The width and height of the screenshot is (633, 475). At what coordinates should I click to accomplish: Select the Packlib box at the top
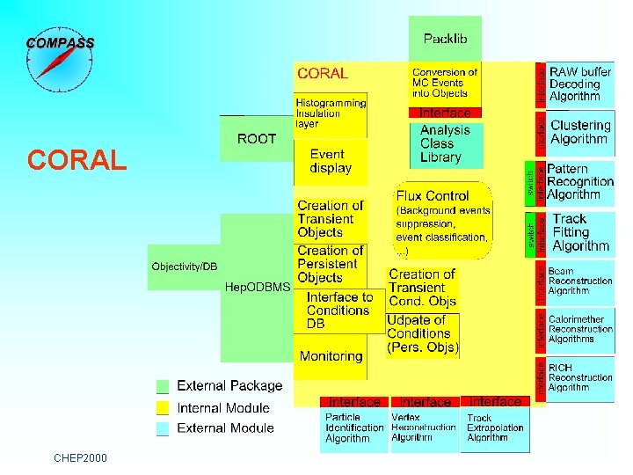pos(445,38)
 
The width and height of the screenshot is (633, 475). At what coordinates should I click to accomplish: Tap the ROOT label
pos(257,139)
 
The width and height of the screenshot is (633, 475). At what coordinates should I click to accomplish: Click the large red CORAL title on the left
pos(77,160)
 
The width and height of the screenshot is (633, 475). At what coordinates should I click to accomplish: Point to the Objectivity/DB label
pos(184,267)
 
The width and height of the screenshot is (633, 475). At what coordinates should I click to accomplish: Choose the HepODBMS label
pos(258,287)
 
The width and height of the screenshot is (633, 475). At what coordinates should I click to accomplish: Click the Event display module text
pos(331,161)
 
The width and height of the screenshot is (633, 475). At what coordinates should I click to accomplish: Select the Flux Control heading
pos(433,196)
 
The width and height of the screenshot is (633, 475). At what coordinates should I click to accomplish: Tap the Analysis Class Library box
pos(445,143)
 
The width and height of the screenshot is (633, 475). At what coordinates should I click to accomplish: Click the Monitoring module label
pos(331,356)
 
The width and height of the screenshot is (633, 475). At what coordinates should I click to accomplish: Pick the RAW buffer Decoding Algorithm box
pos(580,84)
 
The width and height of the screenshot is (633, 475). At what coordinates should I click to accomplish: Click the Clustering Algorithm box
pos(580,132)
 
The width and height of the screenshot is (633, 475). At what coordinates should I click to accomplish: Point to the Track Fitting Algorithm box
pos(580,232)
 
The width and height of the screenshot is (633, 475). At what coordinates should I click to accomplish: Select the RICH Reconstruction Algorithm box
pos(580,377)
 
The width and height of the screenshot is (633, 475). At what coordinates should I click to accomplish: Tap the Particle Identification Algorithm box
pos(353,428)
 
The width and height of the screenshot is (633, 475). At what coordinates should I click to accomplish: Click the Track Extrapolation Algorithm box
pos(495,428)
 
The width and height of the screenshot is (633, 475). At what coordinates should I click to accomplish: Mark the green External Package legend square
pos(162,386)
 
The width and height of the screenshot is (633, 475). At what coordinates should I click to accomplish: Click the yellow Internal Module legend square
pos(162,408)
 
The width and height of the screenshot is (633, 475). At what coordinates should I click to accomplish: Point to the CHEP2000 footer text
pos(80,457)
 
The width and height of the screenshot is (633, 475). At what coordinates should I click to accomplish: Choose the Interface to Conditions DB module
pos(339,311)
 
